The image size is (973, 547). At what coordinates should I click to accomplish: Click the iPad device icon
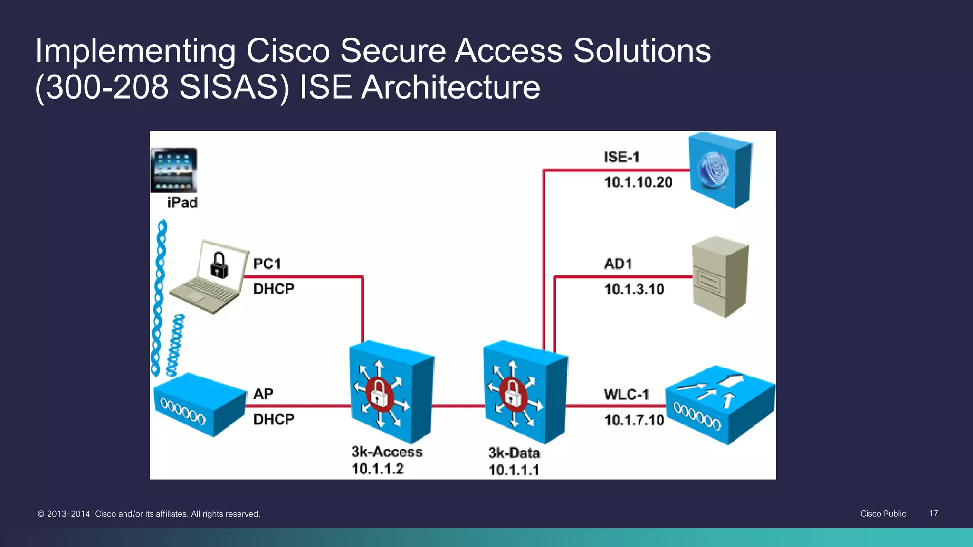pyautogui.click(x=174, y=170)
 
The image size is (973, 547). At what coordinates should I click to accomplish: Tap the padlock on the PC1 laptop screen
pyautogui.click(x=219, y=265)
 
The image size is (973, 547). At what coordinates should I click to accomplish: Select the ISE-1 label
pyautogui.click(x=621, y=157)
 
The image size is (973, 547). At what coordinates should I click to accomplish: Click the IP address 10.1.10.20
pyautogui.click(x=638, y=182)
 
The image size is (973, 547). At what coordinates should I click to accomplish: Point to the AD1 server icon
pyautogui.click(x=720, y=277)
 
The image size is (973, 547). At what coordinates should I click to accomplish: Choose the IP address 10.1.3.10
pyautogui.click(x=634, y=289)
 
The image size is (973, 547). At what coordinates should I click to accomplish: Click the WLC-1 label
pyautogui.click(x=626, y=395)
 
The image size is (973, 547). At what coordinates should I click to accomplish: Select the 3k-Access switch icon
pyautogui.click(x=391, y=392)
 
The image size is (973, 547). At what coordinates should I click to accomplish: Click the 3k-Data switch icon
pyautogui.click(x=525, y=392)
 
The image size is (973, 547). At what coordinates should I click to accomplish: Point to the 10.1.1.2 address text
pyautogui.click(x=378, y=469)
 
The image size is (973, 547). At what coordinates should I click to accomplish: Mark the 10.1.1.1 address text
pyautogui.click(x=514, y=470)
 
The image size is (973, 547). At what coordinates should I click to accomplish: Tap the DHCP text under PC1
pyautogui.click(x=274, y=289)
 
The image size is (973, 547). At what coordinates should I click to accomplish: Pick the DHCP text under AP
pyautogui.click(x=274, y=419)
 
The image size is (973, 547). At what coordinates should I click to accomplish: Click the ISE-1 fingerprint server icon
pyautogui.click(x=720, y=170)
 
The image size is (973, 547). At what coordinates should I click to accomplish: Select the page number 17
pyautogui.click(x=934, y=513)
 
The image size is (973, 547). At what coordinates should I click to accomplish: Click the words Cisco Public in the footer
pyautogui.click(x=883, y=513)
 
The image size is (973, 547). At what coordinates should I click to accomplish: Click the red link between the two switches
pyautogui.click(x=458, y=406)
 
